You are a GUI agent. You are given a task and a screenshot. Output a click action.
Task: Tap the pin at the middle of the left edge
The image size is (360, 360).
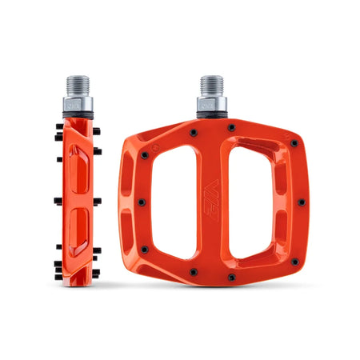141,202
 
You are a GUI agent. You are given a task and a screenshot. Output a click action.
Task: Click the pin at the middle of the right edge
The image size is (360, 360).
301,202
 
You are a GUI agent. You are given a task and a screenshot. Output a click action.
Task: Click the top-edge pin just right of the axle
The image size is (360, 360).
231,127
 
